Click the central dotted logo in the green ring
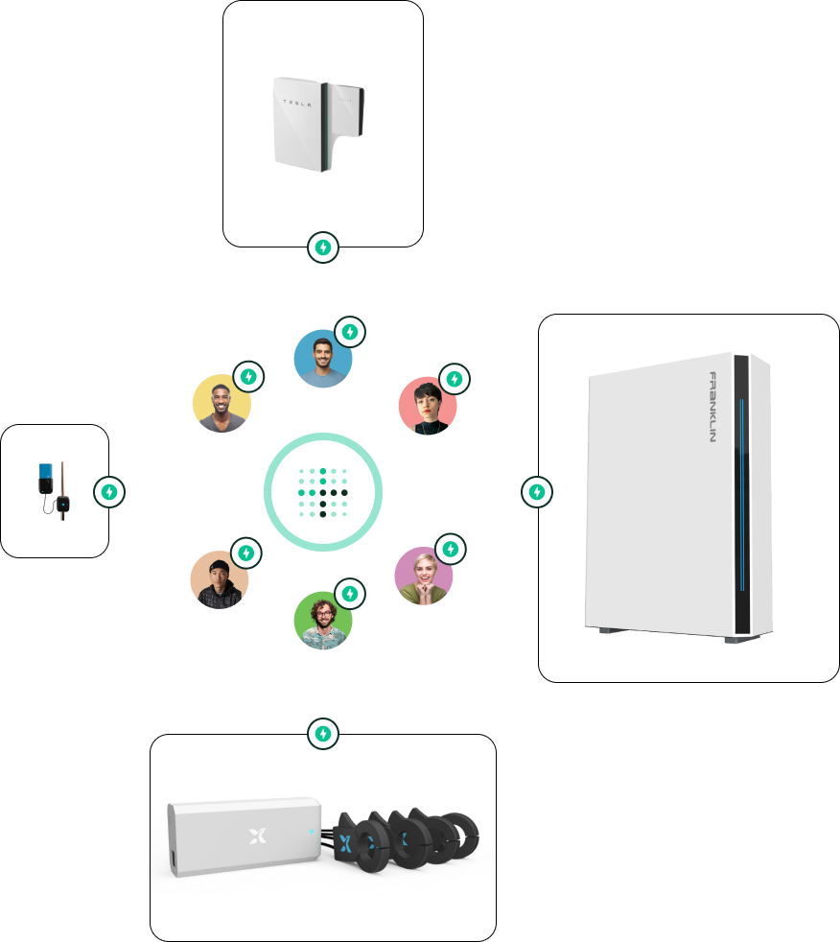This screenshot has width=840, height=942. tap(323, 492)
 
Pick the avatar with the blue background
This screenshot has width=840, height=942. tap(323, 359)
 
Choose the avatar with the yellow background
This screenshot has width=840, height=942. tap(222, 403)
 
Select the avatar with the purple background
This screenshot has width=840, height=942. tap(424, 576)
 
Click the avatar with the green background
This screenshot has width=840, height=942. tap(323, 621)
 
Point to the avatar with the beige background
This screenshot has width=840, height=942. tap(220, 579)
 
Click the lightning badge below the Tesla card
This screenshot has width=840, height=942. tap(324, 247)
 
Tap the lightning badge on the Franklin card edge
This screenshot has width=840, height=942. tap(538, 492)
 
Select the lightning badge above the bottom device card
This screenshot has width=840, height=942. tap(324, 735)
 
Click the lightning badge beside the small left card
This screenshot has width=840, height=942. tap(109, 492)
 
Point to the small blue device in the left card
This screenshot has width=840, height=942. tap(44, 477)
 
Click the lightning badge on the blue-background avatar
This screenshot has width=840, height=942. tap(351, 332)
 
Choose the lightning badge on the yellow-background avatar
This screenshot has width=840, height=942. tap(249, 376)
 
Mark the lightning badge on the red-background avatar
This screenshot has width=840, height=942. tap(455, 379)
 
